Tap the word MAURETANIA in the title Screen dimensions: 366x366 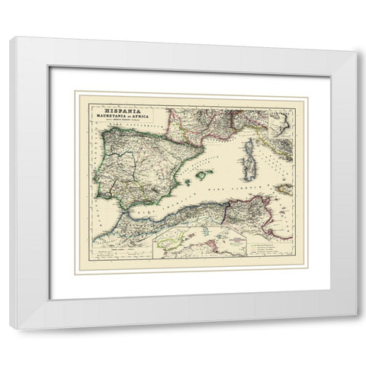(x=110, y=117)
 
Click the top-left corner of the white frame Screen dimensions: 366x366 (x=10, y=38)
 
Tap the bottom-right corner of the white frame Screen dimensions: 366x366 (x=355, y=329)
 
